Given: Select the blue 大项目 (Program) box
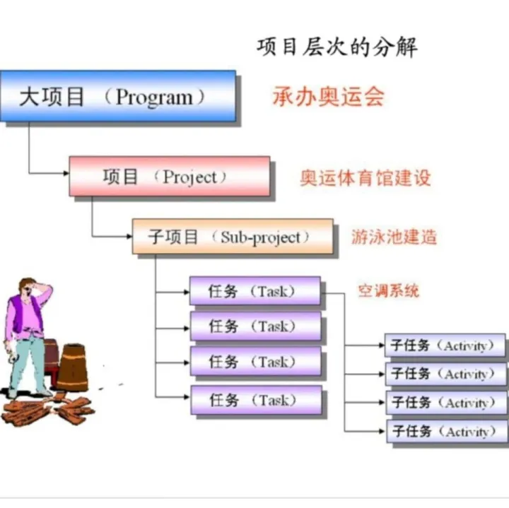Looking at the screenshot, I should [117, 95].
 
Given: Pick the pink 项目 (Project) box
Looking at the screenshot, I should [169, 176].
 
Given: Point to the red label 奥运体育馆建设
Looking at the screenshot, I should [365, 177].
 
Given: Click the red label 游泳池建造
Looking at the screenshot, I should [394, 237].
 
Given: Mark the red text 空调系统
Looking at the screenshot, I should [388, 290].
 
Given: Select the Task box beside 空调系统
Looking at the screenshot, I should [255, 290].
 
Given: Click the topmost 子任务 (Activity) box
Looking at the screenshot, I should [445, 345].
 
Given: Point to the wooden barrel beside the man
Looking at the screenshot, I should [72, 367].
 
